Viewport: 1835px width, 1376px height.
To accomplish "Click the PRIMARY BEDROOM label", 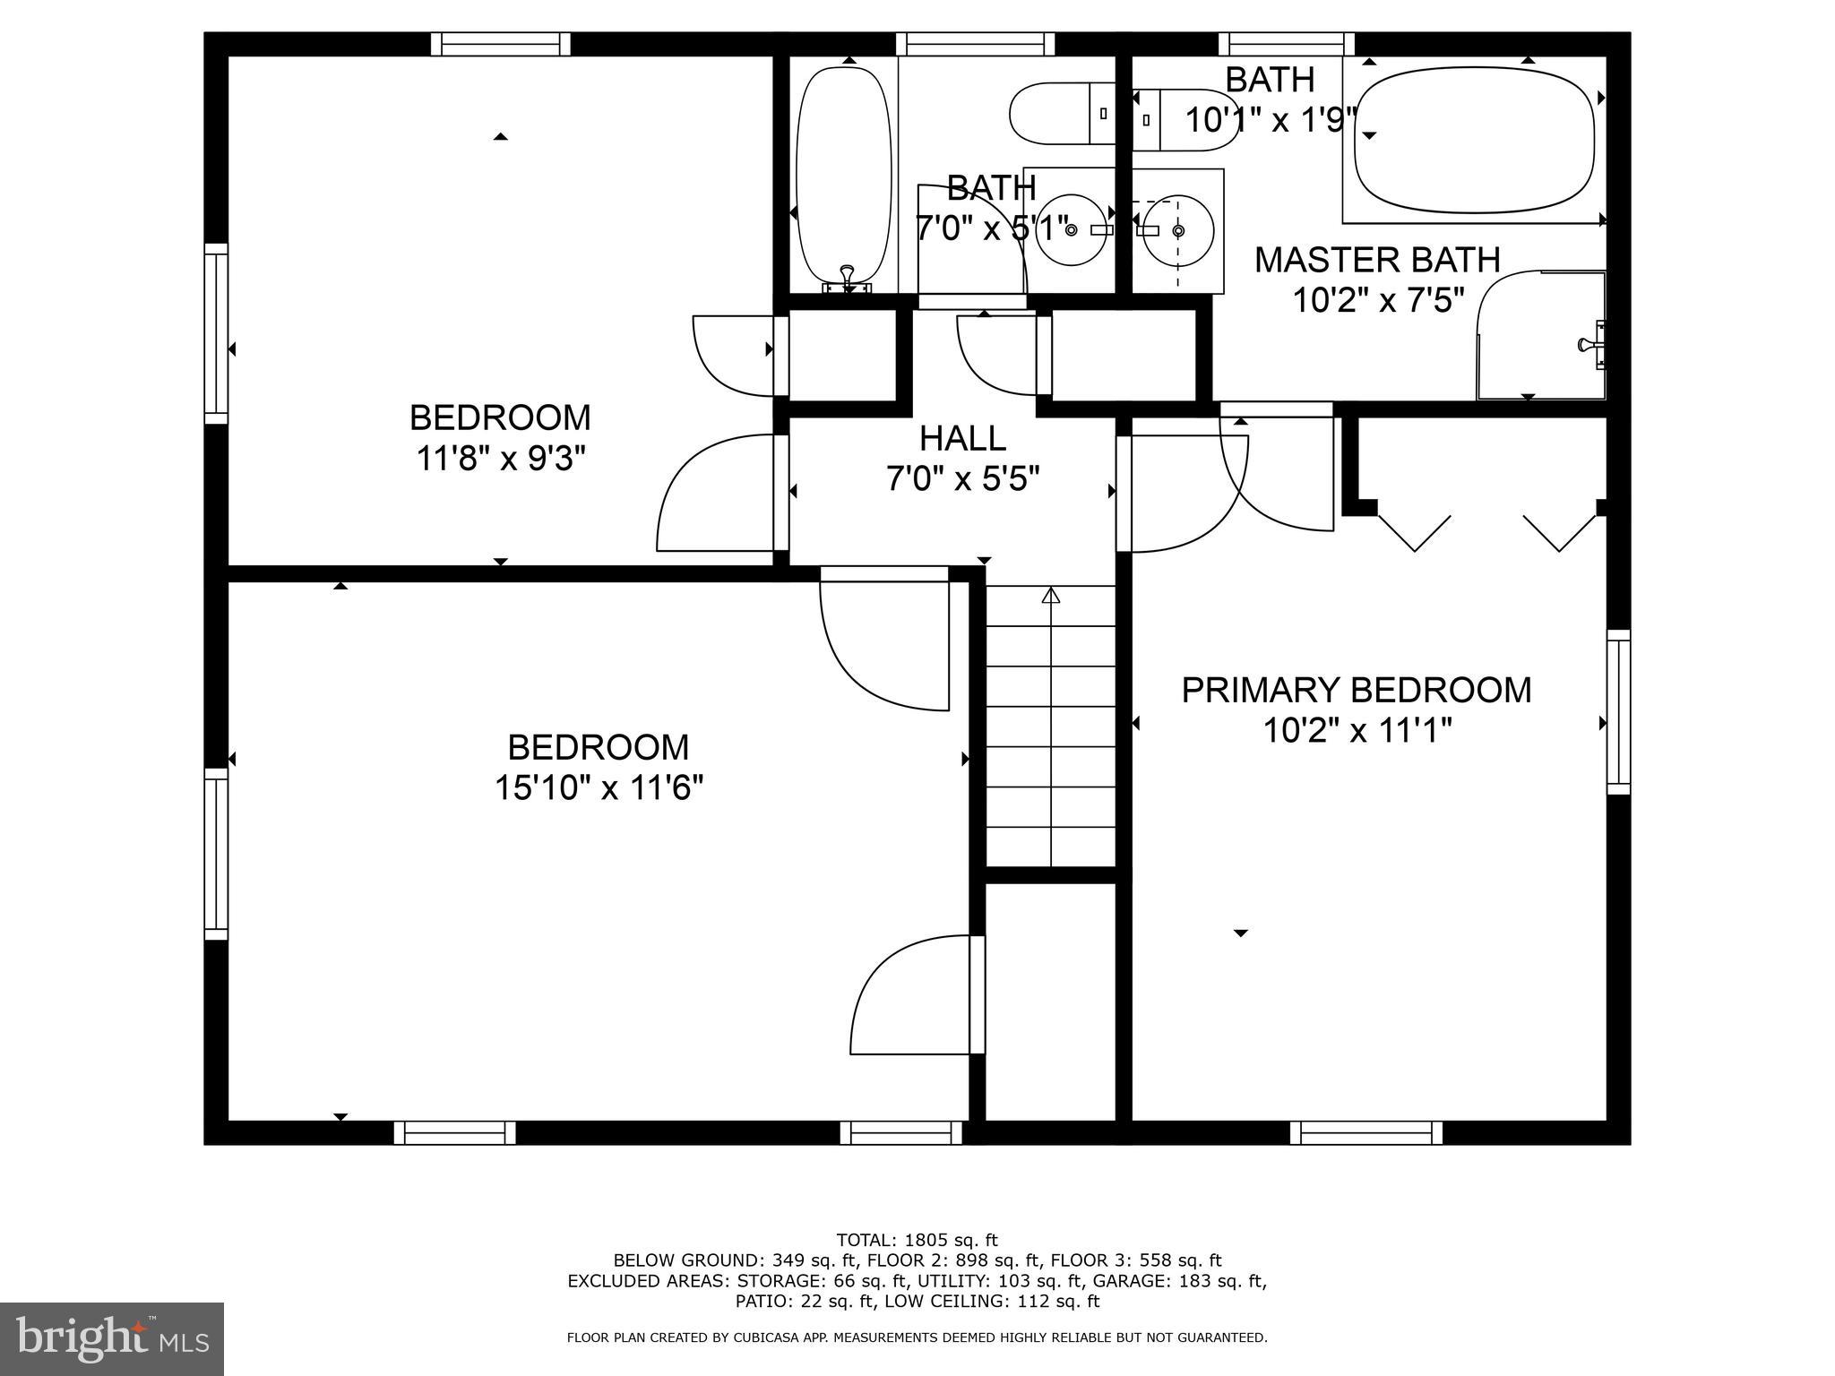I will [1356, 690].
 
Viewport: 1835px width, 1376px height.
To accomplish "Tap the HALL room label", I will [962, 438].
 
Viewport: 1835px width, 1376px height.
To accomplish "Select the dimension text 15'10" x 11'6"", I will [599, 789].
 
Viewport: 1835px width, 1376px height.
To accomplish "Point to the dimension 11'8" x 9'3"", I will [500, 460].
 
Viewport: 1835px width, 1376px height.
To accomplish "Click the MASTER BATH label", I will [1376, 260].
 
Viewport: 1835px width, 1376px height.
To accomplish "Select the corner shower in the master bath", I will [1539, 336].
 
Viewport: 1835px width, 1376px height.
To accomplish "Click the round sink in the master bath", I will [1178, 231].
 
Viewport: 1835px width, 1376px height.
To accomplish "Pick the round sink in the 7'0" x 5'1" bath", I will [1071, 230].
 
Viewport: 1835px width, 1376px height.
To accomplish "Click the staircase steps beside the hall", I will [1051, 726].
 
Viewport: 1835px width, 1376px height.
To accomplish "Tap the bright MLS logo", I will [111, 1338].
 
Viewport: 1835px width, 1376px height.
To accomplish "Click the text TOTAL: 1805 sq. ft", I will [917, 1241].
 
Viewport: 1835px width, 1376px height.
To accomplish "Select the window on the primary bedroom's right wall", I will [1618, 711].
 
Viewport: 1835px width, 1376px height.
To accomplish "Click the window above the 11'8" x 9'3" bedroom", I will [500, 44].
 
